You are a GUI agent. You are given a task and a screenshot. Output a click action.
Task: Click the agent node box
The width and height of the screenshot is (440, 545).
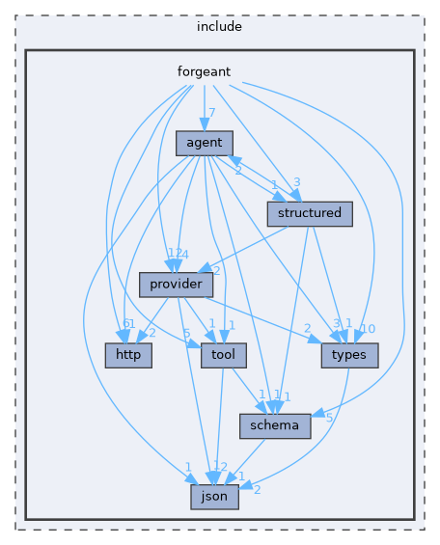pyautogui.click(x=205, y=143)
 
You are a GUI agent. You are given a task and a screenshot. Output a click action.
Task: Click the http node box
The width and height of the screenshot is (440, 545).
pyautogui.click(x=124, y=355)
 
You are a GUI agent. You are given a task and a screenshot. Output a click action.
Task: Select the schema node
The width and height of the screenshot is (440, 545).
pyautogui.click(x=275, y=425)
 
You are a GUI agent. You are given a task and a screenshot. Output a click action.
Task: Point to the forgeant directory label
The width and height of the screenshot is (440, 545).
pyautogui.click(x=203, y=71)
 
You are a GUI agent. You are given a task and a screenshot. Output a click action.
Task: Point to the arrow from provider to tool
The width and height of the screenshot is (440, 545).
pyautogui.click(x=198, y=318)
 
